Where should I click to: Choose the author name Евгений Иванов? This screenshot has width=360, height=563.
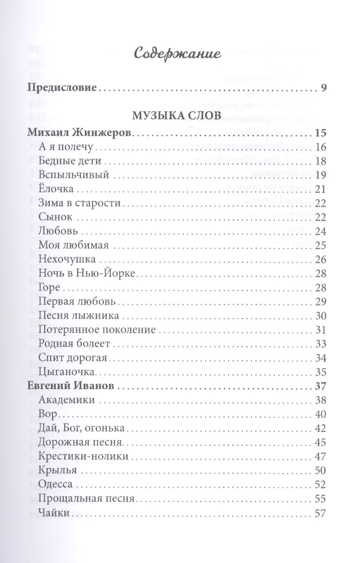click(x=71, y=386)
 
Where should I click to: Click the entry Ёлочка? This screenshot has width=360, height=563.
click(x=56, y=189)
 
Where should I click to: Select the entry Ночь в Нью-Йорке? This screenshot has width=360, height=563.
click(x=87, y=273)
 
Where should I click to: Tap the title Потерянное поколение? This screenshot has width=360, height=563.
click(x=97, y=329)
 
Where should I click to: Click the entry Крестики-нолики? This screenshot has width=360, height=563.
click(x=83, y=456)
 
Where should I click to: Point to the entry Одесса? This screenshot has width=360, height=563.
click(x=56, y=484)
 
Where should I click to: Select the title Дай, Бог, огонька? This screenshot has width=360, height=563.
click(x=81, y=428)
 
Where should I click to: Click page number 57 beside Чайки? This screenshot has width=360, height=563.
click(x=320, y=513)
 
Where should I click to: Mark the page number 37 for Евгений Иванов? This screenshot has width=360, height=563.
click(x=320, y=386)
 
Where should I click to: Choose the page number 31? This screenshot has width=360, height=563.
click(x=320, y=330)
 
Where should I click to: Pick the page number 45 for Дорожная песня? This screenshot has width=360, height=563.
click(x=320, y=442)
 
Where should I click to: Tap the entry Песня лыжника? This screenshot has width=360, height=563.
click(x=78, y=316)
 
